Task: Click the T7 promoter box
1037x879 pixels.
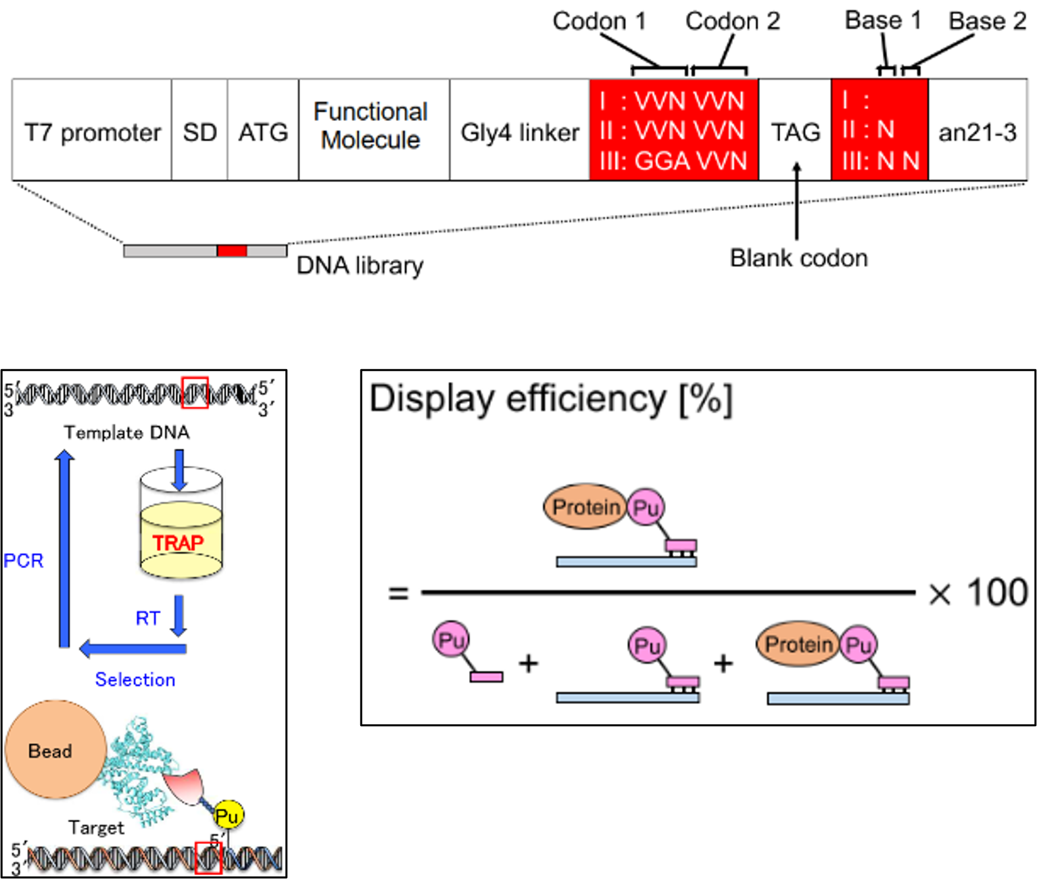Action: coord(92,132)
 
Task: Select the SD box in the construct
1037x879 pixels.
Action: coord(199,132)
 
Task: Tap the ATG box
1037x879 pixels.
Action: coord(263,132)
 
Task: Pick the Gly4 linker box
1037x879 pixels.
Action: coord(519,132)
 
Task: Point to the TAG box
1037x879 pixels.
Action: coord(795,132)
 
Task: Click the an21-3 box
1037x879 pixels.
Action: coord(977,132)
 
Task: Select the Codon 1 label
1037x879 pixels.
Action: coord(598,22)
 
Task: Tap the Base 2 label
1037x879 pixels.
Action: coord(987,22)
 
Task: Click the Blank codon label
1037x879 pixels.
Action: coord(798,258)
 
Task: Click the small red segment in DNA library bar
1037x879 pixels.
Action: coord(232,251)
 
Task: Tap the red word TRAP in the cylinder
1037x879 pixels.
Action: coord(178,543)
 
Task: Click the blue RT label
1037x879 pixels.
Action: coord(148,618)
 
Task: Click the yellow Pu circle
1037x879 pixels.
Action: coord(227,816)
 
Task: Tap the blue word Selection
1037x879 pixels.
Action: coord(135,680)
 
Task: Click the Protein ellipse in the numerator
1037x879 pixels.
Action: coord(585,506)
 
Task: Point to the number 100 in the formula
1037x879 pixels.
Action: coord(997,593)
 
